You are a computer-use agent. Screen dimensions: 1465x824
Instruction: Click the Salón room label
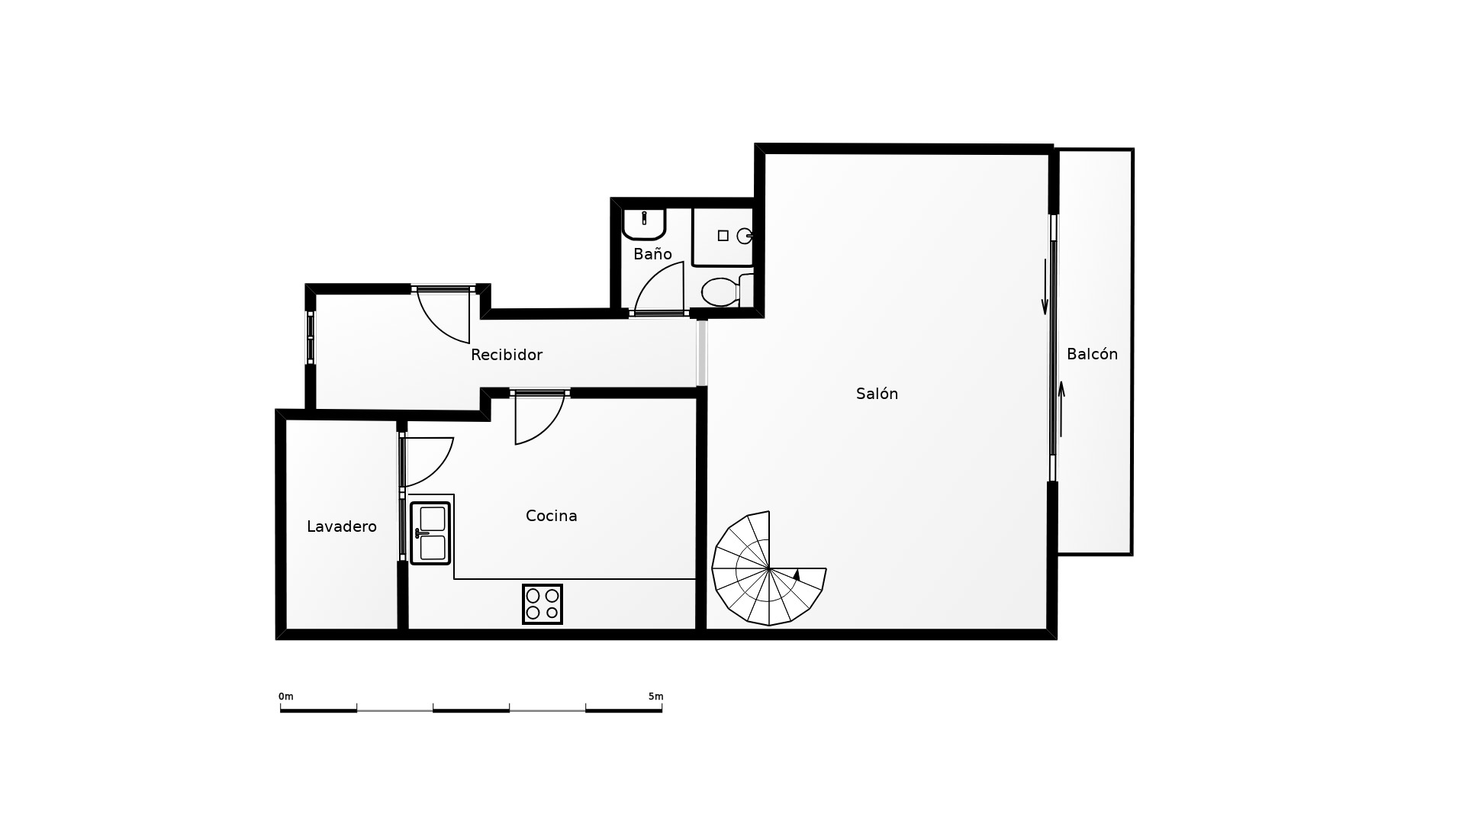[877, 394]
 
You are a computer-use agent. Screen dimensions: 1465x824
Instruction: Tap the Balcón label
[1092, 354]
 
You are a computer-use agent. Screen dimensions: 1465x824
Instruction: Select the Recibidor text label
[507, 355]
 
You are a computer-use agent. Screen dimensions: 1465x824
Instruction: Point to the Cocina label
[552, 516]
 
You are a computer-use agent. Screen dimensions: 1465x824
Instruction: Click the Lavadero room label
[342, 526]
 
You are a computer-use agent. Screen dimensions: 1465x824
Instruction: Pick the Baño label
[652, 253]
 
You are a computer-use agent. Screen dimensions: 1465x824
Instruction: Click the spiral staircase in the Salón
[768, 568]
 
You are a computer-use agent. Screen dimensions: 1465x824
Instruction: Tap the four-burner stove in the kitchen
[543, 604]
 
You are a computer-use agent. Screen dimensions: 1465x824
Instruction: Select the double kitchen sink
[430, 533]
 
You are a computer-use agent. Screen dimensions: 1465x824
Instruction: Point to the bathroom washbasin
[645, 224]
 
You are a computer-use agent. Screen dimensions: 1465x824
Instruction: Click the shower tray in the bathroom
[723, 237]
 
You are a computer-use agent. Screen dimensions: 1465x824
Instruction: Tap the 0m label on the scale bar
[286, 697]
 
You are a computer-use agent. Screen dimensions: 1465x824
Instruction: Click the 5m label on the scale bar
[656, 697]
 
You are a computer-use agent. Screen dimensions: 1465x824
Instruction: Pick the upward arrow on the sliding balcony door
[1061, 410]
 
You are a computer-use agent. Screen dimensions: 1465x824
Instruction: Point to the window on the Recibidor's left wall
[311, 337]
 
